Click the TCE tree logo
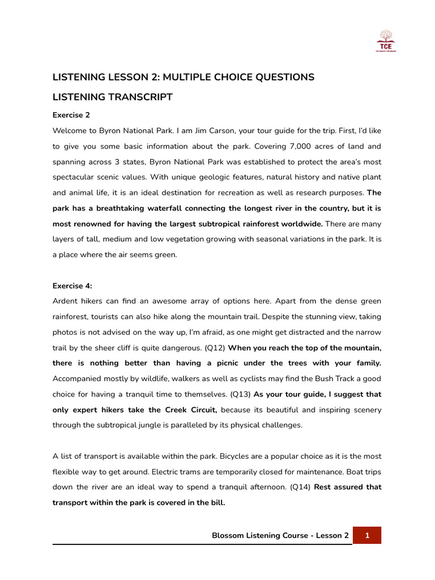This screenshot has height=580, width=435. [x=386, y=41]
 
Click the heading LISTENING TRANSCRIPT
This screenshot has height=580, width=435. [x=112, y=97]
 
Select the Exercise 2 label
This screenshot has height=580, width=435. [x=71, y=115]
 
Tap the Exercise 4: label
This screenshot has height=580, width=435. [x=73, y=285]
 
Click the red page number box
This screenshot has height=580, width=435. [x=366, y=535]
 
